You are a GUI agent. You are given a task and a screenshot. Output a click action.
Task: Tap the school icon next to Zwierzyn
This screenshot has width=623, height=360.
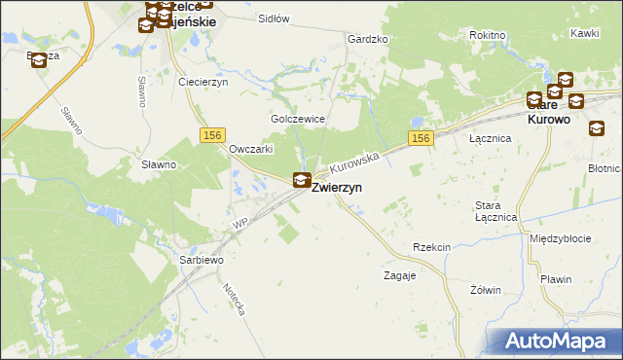click(x=303, y=180)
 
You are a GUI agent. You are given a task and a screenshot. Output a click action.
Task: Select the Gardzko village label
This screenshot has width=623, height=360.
click(x=367, y=39)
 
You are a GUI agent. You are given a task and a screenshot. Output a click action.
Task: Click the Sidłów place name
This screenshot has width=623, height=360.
click(x=275, y=18)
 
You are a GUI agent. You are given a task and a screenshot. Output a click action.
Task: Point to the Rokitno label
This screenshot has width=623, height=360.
click(x=487, y=34)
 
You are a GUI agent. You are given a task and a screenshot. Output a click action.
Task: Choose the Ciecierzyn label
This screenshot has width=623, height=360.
click(x=202, y=82)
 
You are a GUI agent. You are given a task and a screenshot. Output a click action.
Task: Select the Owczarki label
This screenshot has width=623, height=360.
click(x=250, y=149)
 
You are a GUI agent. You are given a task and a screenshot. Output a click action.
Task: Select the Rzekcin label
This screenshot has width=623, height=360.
click(x=431, y=247)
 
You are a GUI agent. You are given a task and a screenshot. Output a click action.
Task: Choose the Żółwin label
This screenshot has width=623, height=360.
click(x=485, y=290)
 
